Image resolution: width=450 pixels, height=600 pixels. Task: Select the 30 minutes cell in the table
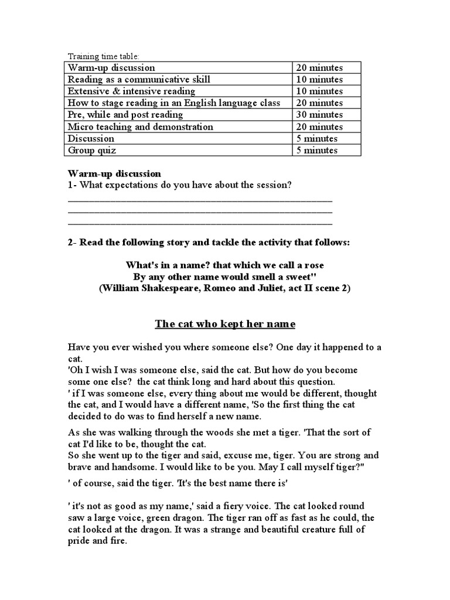click(x=319, y=115)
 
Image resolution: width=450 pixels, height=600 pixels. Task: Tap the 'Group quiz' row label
click(x=92, y=150)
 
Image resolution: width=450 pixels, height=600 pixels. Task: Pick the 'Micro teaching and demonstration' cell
click(x=141, y=127)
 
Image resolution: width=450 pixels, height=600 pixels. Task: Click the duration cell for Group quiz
click(x=317, y=150)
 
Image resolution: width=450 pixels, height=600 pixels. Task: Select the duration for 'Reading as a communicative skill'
click(x=319, y=80)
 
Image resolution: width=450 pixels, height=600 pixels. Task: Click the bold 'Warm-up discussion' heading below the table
click(x=114, y=174)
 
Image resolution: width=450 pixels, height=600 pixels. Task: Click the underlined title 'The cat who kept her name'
click(x=225, y=324)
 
